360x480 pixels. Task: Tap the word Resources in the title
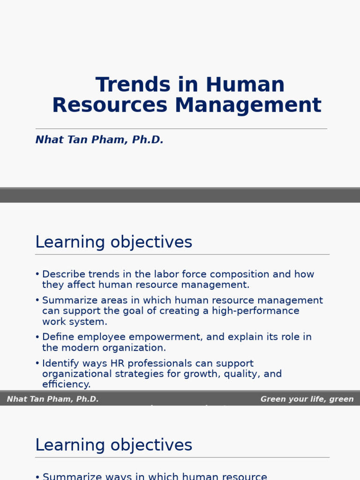click(x=109, y=105)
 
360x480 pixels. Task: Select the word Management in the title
click(x=248, y=105)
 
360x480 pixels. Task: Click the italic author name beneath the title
click(x=99, y=140)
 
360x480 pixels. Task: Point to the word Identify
click(x=59, y=364)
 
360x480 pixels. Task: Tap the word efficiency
click(x=66, y=385)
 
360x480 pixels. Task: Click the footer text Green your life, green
click(x=307, y=399)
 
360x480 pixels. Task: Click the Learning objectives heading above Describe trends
click(x=113, y=242)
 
